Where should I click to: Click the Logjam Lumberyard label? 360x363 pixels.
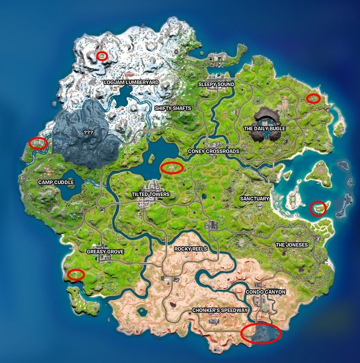[x=131, y=82]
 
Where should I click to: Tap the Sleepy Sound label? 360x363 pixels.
[x=216, y=84]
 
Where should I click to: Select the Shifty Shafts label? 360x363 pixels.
[x=173, y=108]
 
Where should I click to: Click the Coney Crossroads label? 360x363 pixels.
[x=213, y=151]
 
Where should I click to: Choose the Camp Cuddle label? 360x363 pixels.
[x=56, y=182]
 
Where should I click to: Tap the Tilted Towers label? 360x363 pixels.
[x=151, y=194]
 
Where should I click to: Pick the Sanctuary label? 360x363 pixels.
[x=255, y=198]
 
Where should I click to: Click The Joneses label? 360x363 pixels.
[x=292, y=245]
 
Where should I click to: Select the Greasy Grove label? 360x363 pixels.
[x=105, y=252]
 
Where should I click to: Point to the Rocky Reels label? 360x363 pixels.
[x=191, y=249]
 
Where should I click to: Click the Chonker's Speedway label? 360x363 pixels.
[x=220, y=310]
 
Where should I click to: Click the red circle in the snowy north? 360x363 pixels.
[x=102, y=56]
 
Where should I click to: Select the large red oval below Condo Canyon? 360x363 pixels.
[x=261, y=333]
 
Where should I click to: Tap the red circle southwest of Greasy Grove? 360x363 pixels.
[x=76, y=274]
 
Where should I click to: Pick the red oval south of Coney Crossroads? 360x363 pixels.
[x=172, y=168]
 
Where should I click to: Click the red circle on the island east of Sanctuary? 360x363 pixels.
[x=318, y=208]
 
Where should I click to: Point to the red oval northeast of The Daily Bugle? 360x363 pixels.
[x=314, y=98]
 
